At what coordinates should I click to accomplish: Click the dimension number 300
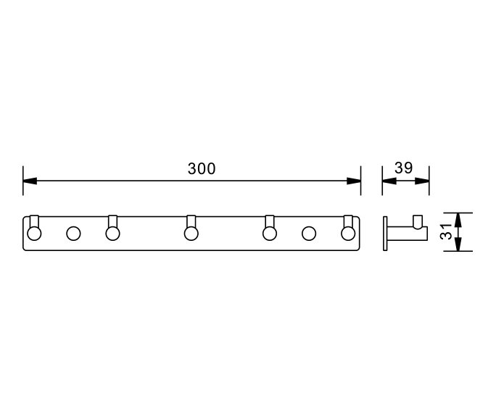pos(202,169)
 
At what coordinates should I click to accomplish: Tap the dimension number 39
pos(403,168)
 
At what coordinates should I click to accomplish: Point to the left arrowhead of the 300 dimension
pos(30,181)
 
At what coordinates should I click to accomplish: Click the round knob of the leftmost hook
pos(34,233)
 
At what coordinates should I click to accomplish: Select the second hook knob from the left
pos(112,233)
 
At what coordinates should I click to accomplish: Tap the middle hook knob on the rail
pos(191,233)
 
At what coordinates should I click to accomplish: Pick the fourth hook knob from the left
pos(269,233)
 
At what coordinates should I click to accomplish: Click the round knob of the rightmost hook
pos(348,233)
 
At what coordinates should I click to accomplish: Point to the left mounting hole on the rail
pos(73,233)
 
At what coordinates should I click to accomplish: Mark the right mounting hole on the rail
pos(309,233)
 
